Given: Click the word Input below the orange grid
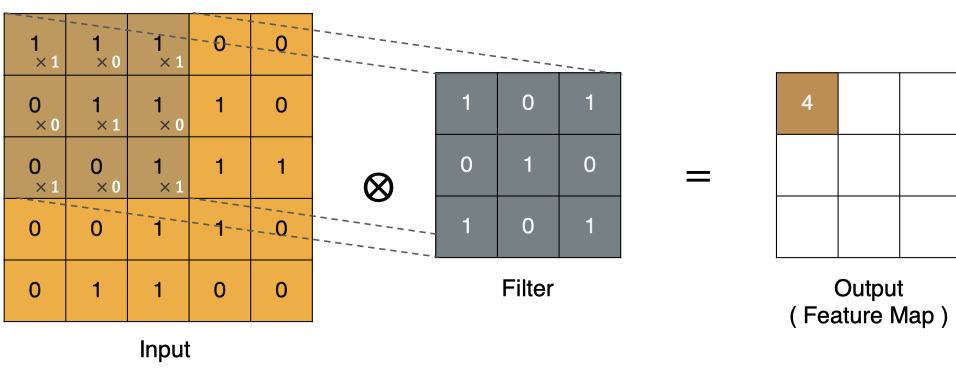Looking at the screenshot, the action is tap(165, 350).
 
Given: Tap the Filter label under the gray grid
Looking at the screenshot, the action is tap(528, 288).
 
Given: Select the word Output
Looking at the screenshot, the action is tap(868, 289).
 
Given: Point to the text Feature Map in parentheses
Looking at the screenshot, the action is tap(869, 316).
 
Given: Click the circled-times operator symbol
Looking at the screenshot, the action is tap(378, 187).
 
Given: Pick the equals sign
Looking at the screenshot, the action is tap(698, 177).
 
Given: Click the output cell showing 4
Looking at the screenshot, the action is tap(807, 104).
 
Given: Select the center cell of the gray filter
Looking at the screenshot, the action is tap(528, 165).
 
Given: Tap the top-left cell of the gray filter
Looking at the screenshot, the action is tap(466, 104).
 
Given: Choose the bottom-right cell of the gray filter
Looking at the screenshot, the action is tap(590, 227).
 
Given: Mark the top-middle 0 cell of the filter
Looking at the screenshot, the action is tap(528, 104).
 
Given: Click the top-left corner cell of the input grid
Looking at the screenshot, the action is tap(35, 44).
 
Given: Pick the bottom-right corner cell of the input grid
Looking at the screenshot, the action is tap(281, 291).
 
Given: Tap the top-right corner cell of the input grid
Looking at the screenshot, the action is tap(281, 44).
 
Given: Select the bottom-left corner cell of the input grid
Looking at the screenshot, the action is tap(35, 291).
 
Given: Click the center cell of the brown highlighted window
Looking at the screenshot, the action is tap(96, 106).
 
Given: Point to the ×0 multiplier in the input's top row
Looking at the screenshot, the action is tap(109, 62).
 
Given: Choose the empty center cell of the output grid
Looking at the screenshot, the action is tap(868, 165).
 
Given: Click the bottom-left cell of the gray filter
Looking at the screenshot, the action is tap(466, 227).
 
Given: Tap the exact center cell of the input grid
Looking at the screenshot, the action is tap(158, 168).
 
